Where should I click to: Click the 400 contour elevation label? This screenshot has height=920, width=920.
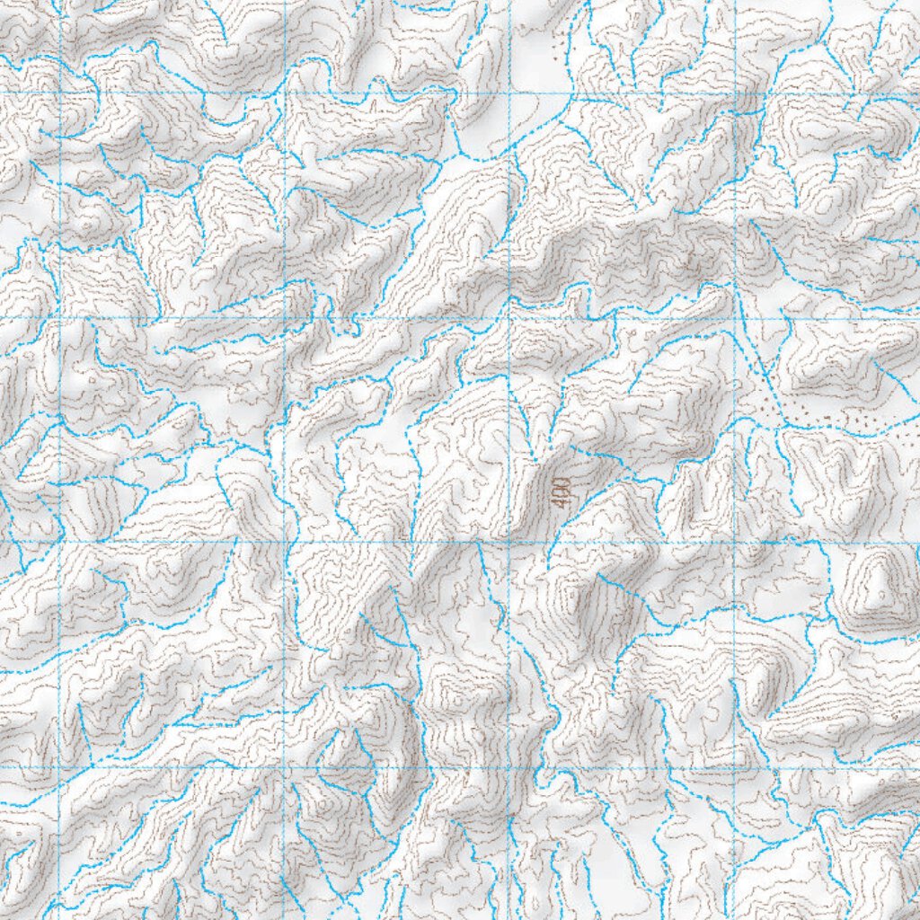562,491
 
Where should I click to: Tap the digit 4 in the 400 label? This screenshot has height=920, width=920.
562,501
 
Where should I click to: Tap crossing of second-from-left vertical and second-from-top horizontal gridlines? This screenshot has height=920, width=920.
285,318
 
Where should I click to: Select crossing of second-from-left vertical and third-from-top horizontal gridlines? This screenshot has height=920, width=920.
285,542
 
